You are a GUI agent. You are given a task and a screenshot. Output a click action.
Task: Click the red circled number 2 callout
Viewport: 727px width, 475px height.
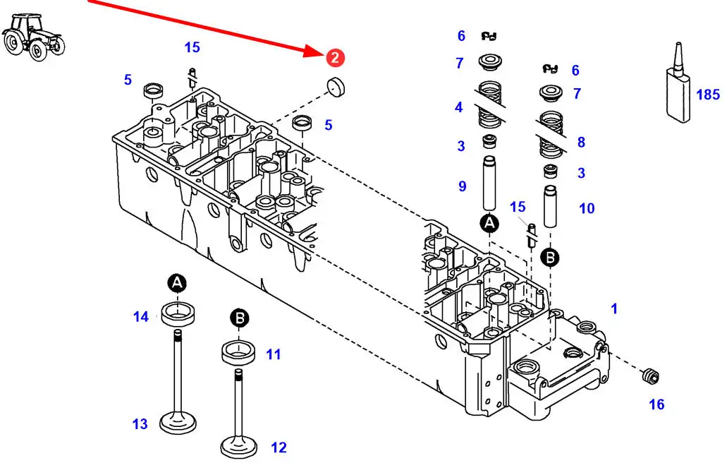pyautogui.click(x=334, y=58)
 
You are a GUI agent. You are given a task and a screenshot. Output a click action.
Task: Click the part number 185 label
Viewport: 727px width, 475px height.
pyautogui.click(x=708, y=95)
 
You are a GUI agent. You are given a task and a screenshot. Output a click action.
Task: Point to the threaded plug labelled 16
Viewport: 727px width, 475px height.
pyautogui.click(x=651, y=376)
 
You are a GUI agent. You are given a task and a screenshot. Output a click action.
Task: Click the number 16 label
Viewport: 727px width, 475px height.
pyautogui.click(x=656, y=404)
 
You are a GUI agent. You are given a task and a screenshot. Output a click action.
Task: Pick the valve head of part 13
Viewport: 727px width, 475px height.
pyautogui.click(x=177, y=423)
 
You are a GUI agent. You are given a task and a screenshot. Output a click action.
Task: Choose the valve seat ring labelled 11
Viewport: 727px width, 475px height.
pyautogui.click(x=240, y=351)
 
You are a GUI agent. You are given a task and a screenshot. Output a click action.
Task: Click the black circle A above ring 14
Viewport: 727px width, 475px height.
pyautogui.click(x=178, y=284)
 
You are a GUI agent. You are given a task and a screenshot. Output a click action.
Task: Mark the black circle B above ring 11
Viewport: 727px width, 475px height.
pyautogui.click(x=240, y=319)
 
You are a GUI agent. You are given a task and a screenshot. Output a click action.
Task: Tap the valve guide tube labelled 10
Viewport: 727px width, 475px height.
pyautogui.click(x=551, y=206)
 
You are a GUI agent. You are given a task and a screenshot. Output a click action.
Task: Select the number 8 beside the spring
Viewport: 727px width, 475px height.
pyautogui.click(x=581, y=143)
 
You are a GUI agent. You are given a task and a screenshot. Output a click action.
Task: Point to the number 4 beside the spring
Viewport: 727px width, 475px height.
pyautogui.click(x=459, y=108)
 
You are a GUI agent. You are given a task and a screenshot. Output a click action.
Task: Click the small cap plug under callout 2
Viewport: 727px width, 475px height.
pyautogui.click(x=334, y=88)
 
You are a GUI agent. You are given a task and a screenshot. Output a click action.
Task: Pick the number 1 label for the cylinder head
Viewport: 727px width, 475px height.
pyautogui.click(x=614, y=308)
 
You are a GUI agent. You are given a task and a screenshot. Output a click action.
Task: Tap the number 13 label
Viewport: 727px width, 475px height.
pyautogui.click(x=140, y=424)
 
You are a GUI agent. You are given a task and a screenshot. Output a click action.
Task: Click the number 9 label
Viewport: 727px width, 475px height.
pyautogui.click(x=463, y=186)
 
